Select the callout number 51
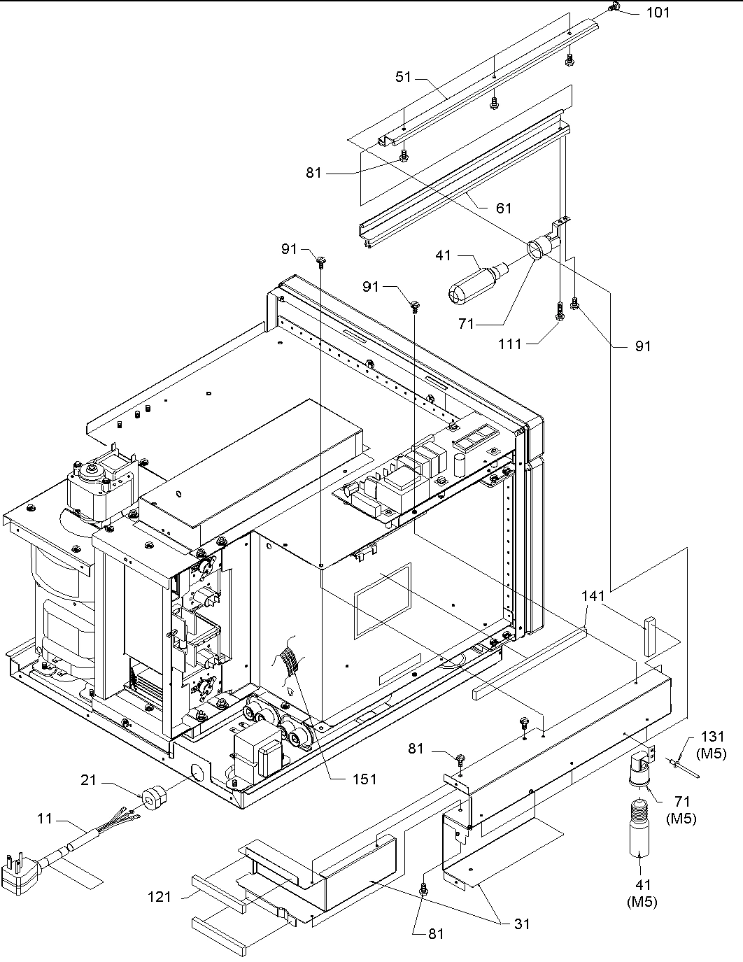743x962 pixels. tap(404, 76)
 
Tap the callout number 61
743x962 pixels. tap(503, 208)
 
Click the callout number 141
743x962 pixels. tap(594, 596)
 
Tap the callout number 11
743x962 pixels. tap(45, 818)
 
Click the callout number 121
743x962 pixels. tap(160, 896)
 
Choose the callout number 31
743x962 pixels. tap(521, 924)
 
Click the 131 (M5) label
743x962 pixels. tap(712, 744)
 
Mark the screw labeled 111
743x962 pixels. tap(560, 311)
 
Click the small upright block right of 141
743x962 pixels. tap(650, 636)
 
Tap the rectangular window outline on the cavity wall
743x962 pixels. tap(382, 600)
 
